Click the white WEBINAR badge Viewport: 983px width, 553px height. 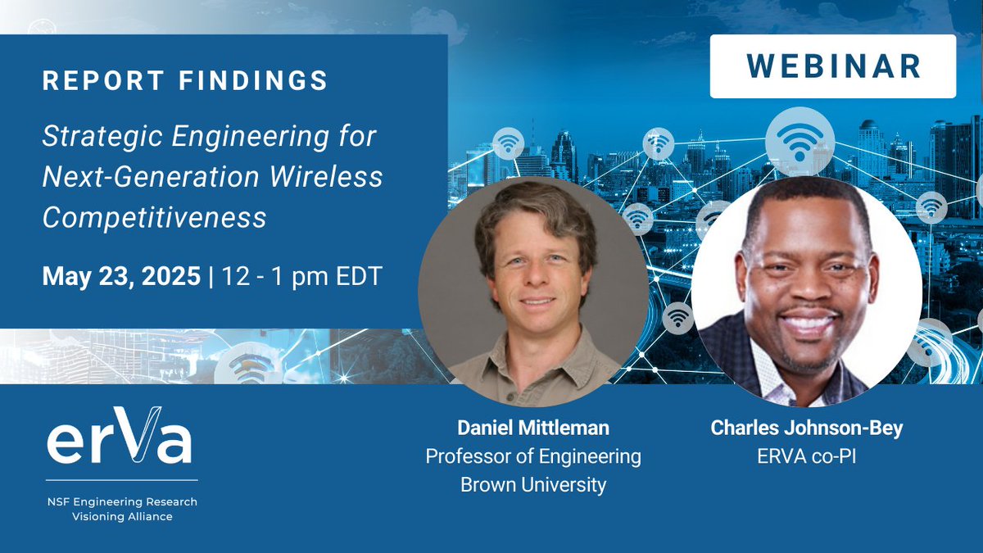[x=832, y=67]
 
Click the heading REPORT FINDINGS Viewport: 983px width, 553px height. [x=185, y=81]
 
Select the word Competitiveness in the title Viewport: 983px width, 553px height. [x=155, y=217]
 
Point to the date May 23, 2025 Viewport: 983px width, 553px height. [x=121, y=276]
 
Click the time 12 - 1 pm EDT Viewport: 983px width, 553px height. [x=300, y=276]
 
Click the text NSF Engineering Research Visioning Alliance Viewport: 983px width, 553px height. [x=120, y=509]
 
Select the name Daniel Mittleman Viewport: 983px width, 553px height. [x=532, y=428]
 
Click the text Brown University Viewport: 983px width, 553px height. [x=532, y=484]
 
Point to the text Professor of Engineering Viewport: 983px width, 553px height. [x=532, y=456]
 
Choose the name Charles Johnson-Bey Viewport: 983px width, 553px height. [x=806, y=428]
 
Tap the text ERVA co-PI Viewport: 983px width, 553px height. [x=806, y=456]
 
